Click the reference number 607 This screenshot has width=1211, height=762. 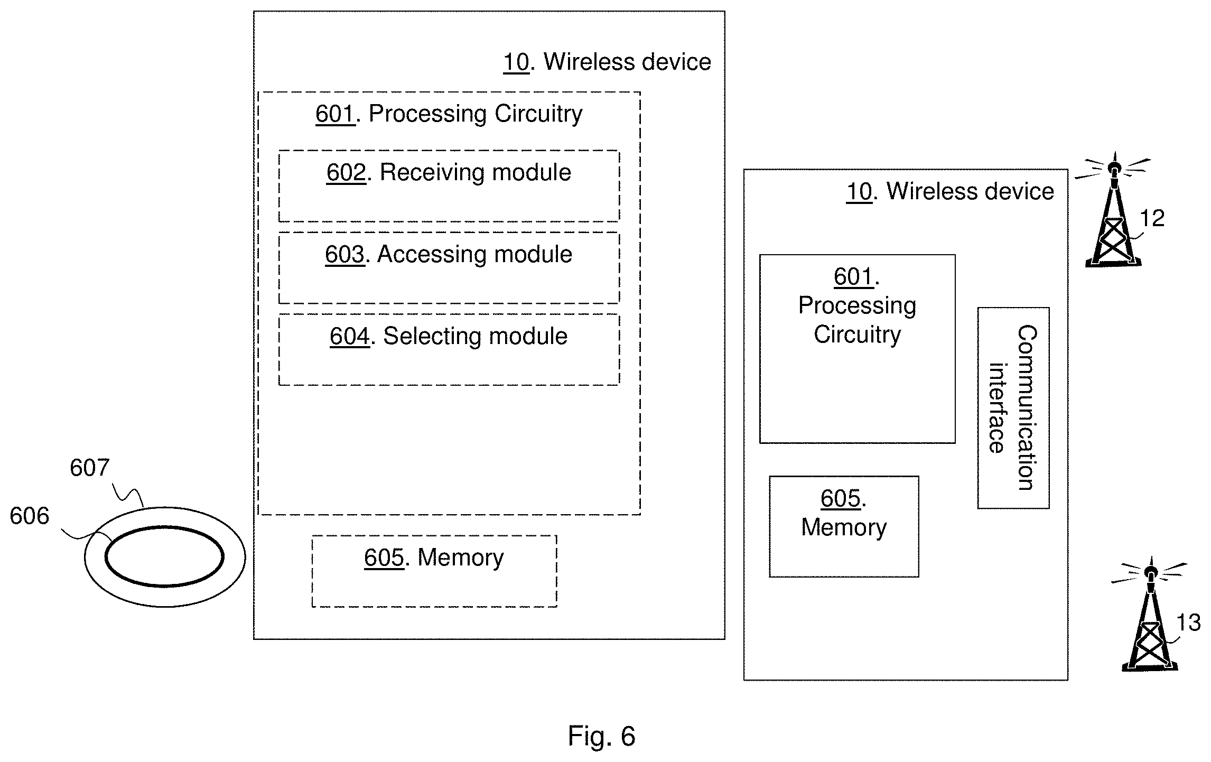89,468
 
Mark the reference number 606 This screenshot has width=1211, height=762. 30,516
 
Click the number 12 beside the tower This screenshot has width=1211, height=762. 1152,218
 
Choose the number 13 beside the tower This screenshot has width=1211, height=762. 1188,623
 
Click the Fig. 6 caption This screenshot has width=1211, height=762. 602,736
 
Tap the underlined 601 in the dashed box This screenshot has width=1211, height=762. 335,114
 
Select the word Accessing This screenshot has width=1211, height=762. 430,255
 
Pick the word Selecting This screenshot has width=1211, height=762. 431,337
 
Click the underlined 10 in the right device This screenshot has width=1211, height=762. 859,191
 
